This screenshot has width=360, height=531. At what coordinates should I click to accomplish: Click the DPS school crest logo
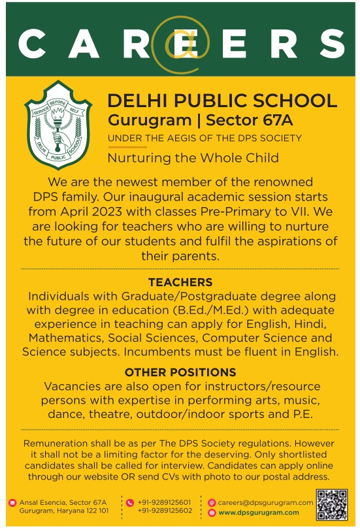59,125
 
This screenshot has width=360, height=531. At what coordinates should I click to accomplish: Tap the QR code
331,504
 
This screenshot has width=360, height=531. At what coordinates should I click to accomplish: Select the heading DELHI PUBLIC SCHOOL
222,101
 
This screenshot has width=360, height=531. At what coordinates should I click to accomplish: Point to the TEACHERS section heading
180,283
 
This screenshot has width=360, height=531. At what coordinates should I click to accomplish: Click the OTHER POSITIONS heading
180,372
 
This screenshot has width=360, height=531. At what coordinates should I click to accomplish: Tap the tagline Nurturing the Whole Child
193,157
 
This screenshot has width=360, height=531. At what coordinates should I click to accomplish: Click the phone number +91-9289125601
165,502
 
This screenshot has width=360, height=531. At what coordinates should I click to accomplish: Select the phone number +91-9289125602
165,511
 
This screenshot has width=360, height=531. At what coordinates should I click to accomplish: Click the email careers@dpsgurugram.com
265,502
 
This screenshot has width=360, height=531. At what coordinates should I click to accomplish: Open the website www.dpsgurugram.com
259,512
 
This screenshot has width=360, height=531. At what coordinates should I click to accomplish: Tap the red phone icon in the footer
130,503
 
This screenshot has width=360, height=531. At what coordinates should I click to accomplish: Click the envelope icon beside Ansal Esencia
12,503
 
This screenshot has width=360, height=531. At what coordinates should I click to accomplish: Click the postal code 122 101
95,511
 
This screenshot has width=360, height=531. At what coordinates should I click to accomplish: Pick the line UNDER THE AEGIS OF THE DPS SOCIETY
205,138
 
